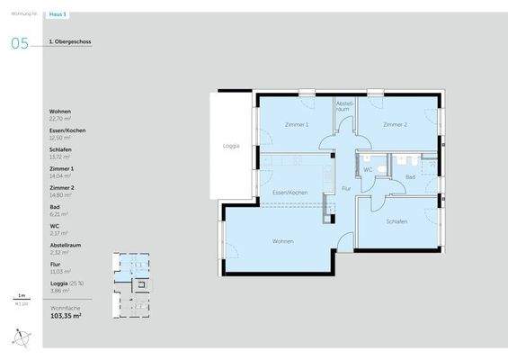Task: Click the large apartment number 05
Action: [x=19, y=43]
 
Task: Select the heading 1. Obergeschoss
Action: [x=70, y=41]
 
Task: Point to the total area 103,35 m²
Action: [x=66, y=317]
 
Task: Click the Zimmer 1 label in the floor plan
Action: [x=296, y=124]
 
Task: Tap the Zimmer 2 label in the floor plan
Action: [x=395, y=124]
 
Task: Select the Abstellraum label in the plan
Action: [x=343, y=106]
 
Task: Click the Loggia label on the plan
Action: [x=231, y=146]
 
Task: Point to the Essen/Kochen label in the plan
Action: [x=290, y=193]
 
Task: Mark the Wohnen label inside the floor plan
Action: [x=284, y=241]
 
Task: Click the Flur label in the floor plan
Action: [x=345, y=189]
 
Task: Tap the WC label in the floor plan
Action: [x=368, y=168]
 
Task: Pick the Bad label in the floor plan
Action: [x=410, y=177]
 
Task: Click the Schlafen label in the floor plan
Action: [x=397, y=221]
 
